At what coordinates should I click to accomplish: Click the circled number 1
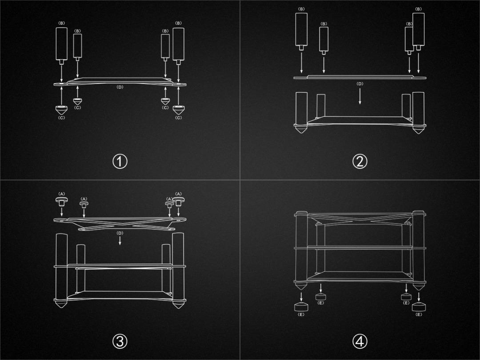coord(120,161)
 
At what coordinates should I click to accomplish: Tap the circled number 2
coord(360,161)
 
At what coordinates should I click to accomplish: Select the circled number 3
coord(120,341)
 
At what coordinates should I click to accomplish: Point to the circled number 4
coord(360,341)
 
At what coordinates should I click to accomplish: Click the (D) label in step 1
coord(120,87)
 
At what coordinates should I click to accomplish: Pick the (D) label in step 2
coord(360,84)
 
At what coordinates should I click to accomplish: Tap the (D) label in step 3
coord(120,233)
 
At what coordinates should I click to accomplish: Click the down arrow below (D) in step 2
coord(360,96)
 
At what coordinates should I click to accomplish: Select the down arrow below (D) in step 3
coord(120,240)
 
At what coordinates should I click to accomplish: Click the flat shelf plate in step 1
coord(120,82)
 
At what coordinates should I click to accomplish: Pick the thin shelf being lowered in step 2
coord(360,77)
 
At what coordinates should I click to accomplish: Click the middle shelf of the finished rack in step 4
coord(360,248)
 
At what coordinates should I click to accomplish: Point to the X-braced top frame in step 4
coord(360,218)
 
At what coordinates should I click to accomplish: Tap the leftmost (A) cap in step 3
coord(61,201)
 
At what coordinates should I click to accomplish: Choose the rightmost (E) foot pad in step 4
coord(419,307)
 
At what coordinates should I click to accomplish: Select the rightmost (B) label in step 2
coord(419,9)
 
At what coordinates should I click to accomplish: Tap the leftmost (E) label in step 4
coord(301,314)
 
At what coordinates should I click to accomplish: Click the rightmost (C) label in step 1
coord(179,118)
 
